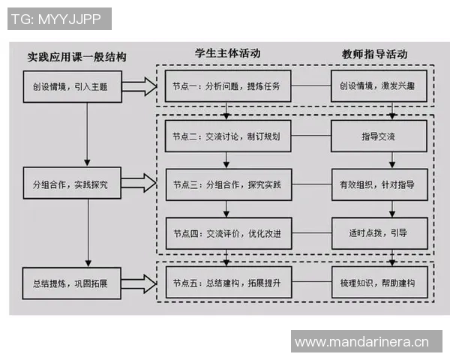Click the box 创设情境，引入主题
[x=70, y=86]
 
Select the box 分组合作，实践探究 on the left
[x=70, y=184]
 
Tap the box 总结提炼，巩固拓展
[x=70, y=283]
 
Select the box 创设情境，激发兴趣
[x=379, y=86]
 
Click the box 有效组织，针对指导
[x=379, y=184]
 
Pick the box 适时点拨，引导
[x=379, y=233]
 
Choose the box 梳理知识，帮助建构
[x=379, y=283]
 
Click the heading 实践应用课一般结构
[x=76, y=57]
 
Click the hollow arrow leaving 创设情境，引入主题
[x=136, y=86]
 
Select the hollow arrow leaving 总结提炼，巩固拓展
[x=136, y=283]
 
